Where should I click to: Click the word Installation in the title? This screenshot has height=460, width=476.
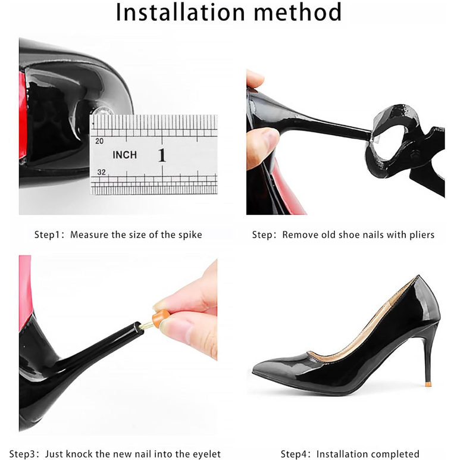[180, 12]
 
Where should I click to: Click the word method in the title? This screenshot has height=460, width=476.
[298, 12]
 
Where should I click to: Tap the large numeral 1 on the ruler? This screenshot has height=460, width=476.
[162, 155]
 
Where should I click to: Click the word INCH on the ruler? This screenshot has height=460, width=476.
[125, 155]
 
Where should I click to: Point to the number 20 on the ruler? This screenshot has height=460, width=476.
[99, 141]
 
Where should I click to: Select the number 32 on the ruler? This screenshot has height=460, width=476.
[101, 172]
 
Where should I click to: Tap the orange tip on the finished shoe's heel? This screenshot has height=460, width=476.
[428, 384]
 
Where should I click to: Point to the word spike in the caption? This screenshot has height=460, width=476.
[190, 234]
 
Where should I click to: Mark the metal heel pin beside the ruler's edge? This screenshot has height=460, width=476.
[102, 111]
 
